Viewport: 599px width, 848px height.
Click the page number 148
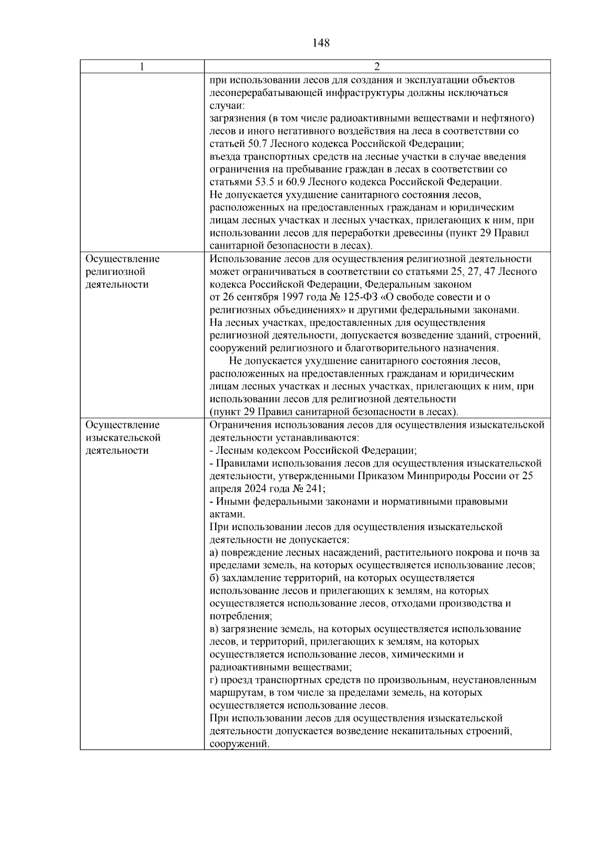[x=321, y=43]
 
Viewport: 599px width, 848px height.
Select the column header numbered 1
[x=142, y=67]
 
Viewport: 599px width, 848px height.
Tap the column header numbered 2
[x=377, y=67]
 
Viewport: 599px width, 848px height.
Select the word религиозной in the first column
[x=115, y=272]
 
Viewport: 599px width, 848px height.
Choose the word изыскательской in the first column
[x=123, y=438]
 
